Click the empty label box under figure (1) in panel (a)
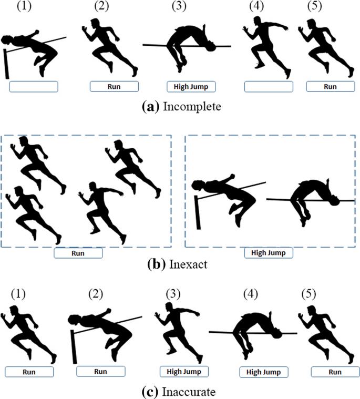click(x=34, y=86)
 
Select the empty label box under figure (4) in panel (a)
click(x=269, y=86)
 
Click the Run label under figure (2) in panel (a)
click(x=114, y=86)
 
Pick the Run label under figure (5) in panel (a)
click(x=330, y=86)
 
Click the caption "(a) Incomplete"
click(x=180, y=107)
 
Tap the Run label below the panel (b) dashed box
click(x=78, y=253)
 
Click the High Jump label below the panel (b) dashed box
click(x=268, y=253)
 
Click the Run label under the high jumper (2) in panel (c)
click(x=100, y=371)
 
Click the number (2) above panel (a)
click(x=101, y=7)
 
